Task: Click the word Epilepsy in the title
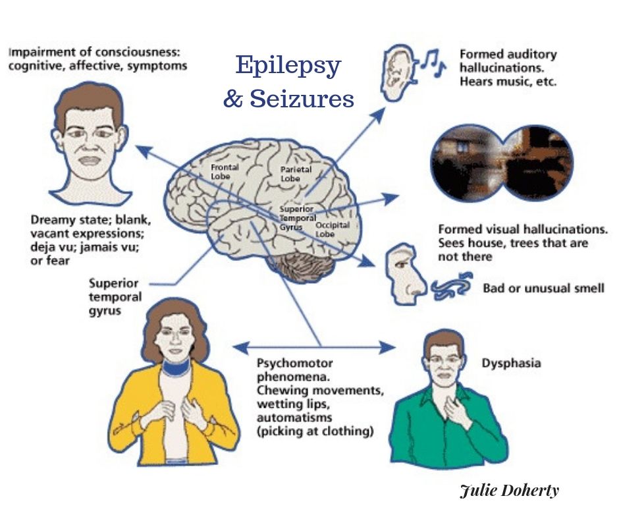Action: (288, 66)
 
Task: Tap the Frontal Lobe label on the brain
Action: (225, 172)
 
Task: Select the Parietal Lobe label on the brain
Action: (296, 174)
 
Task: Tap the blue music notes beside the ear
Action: (433, 63)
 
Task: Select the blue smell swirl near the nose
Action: (452, 285)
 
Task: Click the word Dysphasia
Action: (511, 364)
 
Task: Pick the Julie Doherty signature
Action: (510, 491)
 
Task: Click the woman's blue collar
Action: (176, 368)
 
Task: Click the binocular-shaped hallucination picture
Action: (502, 163)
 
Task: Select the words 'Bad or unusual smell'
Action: (543, 288)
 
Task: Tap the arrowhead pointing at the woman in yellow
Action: (240, 348)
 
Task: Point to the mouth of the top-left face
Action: (90, 161)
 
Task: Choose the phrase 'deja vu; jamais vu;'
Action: (85, 247)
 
